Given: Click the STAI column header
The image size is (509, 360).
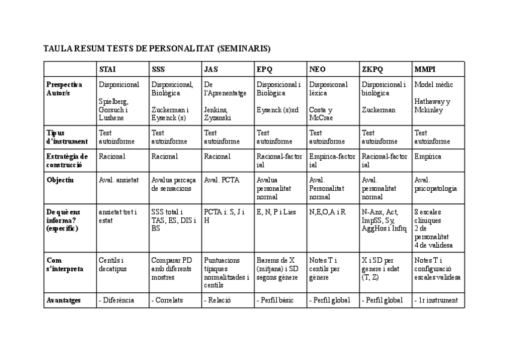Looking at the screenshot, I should coord(107,69).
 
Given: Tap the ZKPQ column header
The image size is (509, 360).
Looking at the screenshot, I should coord(372,69).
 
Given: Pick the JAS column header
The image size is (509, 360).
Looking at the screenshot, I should coord(211,69).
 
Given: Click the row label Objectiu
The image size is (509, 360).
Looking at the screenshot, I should coord(60,179).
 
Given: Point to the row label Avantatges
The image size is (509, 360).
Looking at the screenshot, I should coord(64,300).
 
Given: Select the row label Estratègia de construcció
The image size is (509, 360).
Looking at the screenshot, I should coord(67,160).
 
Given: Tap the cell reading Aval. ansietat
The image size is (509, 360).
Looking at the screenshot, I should coord(119,179).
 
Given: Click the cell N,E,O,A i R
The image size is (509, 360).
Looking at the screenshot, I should coord(327,212).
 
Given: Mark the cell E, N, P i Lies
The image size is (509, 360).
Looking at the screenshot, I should coord(276,212).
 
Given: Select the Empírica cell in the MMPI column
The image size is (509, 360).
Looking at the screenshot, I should coord(427,156).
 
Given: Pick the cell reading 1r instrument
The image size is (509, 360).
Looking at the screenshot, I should coord(437,300).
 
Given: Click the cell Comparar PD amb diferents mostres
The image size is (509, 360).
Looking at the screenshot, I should coord(172,269).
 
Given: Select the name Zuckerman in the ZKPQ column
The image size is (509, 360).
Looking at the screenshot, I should coord(379,110).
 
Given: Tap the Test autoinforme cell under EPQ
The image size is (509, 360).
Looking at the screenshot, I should coord(274,137).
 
